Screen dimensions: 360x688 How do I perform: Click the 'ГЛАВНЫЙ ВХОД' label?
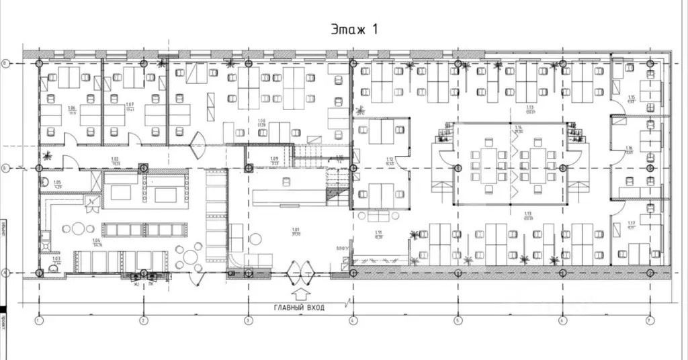[x=299, y=308]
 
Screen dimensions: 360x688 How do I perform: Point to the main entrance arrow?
[x=300, y=293]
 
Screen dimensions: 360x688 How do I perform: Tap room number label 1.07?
[x=130, y=105]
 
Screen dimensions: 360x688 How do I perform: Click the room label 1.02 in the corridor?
[x=114, y=159]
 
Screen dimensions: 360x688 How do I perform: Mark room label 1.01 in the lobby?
[x=296, y=230]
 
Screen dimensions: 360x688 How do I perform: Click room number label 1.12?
[x=390, y=159]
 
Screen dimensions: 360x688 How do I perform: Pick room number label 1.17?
[x=631, y=224]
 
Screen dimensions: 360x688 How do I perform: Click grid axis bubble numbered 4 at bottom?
[x=352, y=320]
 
